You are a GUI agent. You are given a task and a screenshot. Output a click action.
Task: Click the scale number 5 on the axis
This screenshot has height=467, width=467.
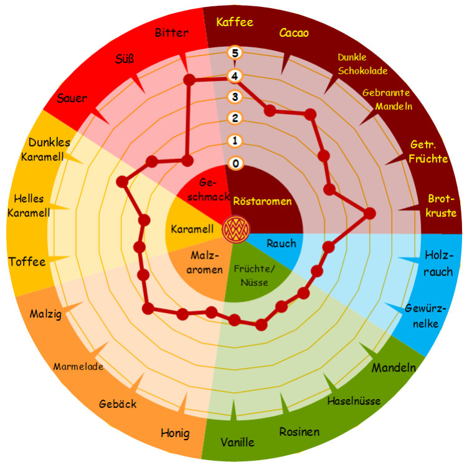(x=234, y=53)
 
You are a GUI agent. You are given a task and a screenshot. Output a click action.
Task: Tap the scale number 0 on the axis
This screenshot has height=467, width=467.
(x=234, y=164)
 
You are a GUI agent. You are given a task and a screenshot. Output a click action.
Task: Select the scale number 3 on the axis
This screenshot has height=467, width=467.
(x=234, y=97)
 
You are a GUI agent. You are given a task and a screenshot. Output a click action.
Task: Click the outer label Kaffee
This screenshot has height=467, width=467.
(x=234, y=22)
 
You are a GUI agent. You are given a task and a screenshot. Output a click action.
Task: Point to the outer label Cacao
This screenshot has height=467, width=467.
(x=294, y=32)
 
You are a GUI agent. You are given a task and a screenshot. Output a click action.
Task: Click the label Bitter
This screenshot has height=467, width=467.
(x=171, y=32)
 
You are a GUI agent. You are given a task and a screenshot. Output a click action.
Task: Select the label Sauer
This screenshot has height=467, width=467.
(x=72, y=98)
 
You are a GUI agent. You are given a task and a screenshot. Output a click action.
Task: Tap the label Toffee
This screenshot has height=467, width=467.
(x=27, y=262)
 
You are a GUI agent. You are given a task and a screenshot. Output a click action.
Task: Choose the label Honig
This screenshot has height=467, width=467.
(x=175, y=433)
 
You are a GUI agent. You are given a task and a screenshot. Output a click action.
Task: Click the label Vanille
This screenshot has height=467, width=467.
(x=237, y=442)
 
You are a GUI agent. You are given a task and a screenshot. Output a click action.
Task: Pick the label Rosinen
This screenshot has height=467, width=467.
(x=299, y=431)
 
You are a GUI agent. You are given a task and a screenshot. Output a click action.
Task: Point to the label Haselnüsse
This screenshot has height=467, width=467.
(x=354, y=400)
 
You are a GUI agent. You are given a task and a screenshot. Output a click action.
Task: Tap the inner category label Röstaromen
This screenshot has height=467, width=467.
(x=262, y=201)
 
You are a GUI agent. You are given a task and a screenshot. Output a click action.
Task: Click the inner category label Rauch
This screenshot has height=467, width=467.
(x=281, y=243)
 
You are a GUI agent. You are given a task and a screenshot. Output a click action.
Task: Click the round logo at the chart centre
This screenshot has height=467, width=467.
(x=235, y=228)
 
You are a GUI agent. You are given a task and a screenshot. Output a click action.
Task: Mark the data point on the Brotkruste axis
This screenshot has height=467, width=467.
(x=369, y=214)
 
